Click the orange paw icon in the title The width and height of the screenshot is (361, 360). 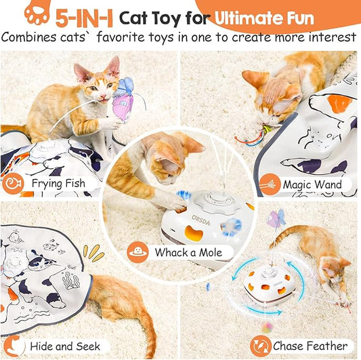(x=37, y=13)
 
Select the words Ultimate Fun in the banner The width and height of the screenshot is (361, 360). (x=275, y=16)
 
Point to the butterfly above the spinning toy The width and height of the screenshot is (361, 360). (x=276, y=218)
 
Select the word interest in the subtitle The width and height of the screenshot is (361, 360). (x=326, y=37)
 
